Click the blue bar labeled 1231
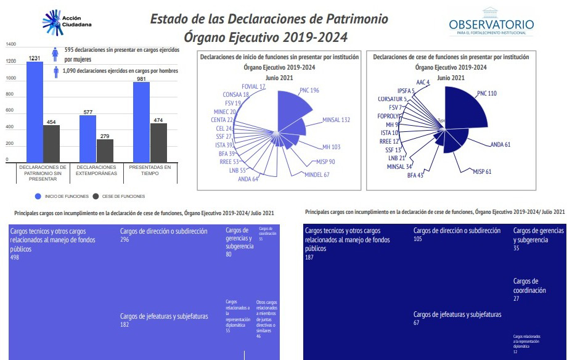35,111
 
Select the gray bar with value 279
105,150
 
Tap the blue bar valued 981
141,121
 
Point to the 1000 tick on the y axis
11,78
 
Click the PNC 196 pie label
309,91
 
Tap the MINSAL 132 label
336,120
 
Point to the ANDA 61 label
500,144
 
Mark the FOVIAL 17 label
253,87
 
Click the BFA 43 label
415,176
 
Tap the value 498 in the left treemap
15,257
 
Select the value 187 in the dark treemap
310,257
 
